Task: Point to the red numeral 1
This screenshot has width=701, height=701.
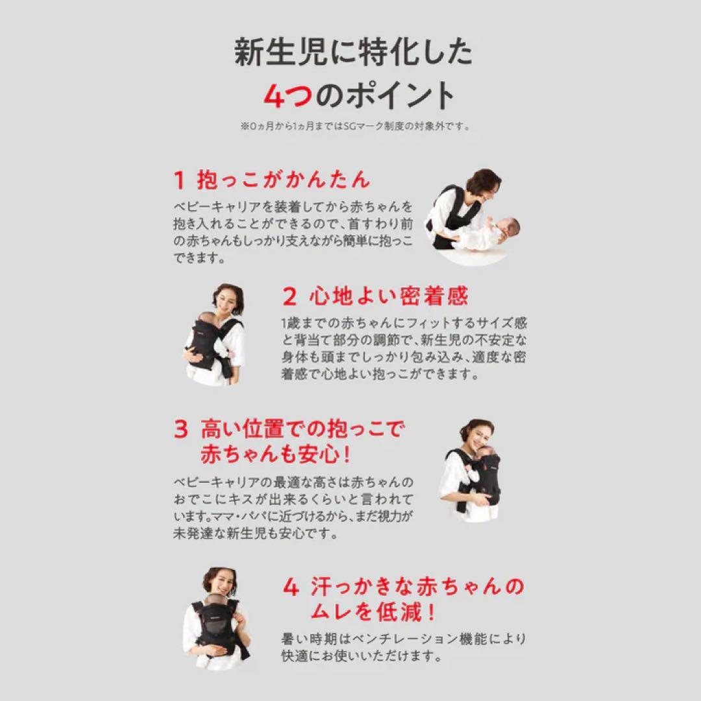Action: pos(179,179)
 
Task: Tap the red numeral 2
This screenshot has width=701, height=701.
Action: pos(289,297)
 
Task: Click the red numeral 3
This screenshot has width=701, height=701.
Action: pos(180,429)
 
